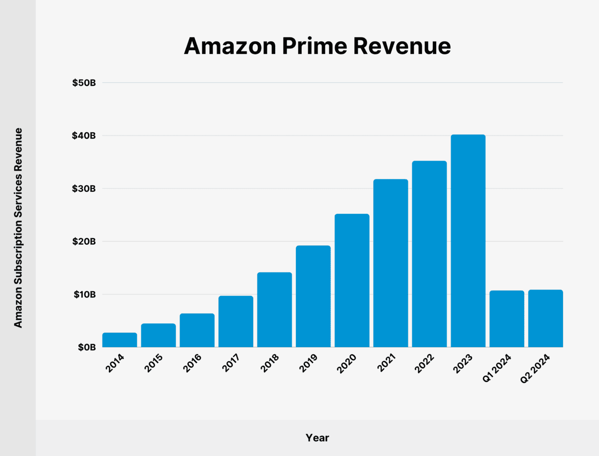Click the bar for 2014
(120, 340)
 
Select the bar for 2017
(236, 321)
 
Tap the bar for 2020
(352, 280)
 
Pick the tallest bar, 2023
(468, 241)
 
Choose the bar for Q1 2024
(507, 319)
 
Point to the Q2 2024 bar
(546, 318)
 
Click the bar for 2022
(429, 254)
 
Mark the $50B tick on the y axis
(84, 83)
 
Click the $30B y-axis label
(84, 189)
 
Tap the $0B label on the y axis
(87, 347)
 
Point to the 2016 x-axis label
(192, 363)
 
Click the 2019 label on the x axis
(308, 363)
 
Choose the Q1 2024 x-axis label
(497, 368)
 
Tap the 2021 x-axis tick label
(386, 363)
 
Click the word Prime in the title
(314, 46)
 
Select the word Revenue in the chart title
(402, 46)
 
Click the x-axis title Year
(317, 438)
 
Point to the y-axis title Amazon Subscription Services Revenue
(18, 228)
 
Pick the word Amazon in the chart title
(230, 46)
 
